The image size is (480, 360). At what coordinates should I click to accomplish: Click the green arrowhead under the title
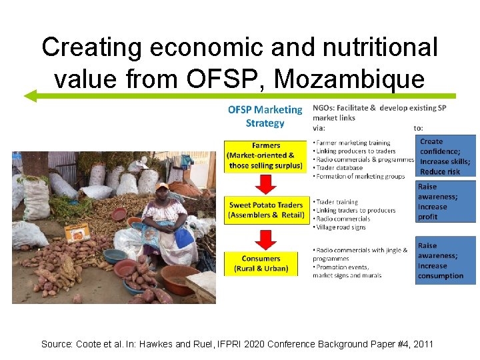tap(31, 96)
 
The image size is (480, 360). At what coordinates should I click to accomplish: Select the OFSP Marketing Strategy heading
tap(265, 116)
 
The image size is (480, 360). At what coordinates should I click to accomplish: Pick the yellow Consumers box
tap(261, 263)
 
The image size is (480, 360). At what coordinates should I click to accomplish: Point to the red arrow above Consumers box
tap(266, 238)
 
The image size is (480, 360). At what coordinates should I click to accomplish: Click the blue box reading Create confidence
tap(445, 156)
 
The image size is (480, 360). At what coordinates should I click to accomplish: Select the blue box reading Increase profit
tap(445, 202)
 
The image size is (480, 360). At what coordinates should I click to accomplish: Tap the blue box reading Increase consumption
tap(445, 260)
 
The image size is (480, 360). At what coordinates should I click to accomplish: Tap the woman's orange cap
tap(162, 188)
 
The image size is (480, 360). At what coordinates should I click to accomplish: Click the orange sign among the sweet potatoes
tap(77, 231)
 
